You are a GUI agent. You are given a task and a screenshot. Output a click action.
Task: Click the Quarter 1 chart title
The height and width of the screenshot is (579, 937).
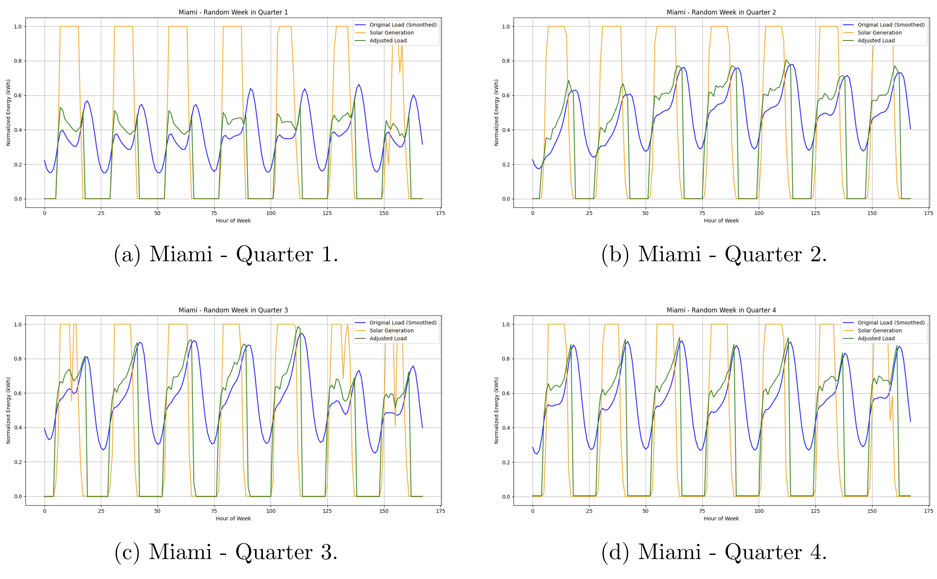[233, 12]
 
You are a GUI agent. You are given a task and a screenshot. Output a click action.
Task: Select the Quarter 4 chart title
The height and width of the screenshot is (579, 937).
[721, 310]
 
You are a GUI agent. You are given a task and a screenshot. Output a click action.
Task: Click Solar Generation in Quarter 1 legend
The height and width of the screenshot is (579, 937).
[391, 32]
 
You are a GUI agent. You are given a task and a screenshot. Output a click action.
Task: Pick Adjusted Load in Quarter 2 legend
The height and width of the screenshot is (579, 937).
[876, 40]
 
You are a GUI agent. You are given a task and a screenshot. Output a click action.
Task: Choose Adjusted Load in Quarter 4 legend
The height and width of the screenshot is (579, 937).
[876, 338]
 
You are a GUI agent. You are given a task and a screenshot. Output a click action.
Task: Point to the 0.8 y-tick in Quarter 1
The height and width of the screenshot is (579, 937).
[18, 61]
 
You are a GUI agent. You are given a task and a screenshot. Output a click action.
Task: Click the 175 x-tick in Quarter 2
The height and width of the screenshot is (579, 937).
[928, 213]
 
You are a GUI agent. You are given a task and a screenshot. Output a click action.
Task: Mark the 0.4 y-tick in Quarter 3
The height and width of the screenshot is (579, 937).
[18, 428]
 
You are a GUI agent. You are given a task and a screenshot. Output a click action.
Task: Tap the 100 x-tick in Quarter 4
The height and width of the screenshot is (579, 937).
[758, 511]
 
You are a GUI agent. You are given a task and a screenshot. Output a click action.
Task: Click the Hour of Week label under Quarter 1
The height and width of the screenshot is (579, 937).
[233, 221]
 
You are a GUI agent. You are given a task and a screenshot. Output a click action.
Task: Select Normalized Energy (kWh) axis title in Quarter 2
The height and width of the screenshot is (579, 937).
[496, 112]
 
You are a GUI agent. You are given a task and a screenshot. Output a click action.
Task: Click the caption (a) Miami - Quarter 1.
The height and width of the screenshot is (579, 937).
[226, 254]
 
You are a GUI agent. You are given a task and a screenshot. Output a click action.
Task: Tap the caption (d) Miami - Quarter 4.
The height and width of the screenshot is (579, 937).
[714, 552]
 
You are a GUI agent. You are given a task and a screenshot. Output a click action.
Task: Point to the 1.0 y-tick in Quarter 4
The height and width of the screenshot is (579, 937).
[506, 324]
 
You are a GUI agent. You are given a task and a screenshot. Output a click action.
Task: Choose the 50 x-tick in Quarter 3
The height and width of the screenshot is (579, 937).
[157, 511]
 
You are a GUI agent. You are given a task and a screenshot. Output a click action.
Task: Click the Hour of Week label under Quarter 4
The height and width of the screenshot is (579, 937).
[721, 518]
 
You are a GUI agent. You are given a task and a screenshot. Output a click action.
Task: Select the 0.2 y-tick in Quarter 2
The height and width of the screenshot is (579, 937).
[506, 165]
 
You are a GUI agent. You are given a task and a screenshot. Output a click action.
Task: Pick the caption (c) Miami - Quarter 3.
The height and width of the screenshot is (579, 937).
[226, 552]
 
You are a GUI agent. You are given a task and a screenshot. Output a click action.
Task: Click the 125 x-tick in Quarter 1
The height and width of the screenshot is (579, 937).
[327, 213]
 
